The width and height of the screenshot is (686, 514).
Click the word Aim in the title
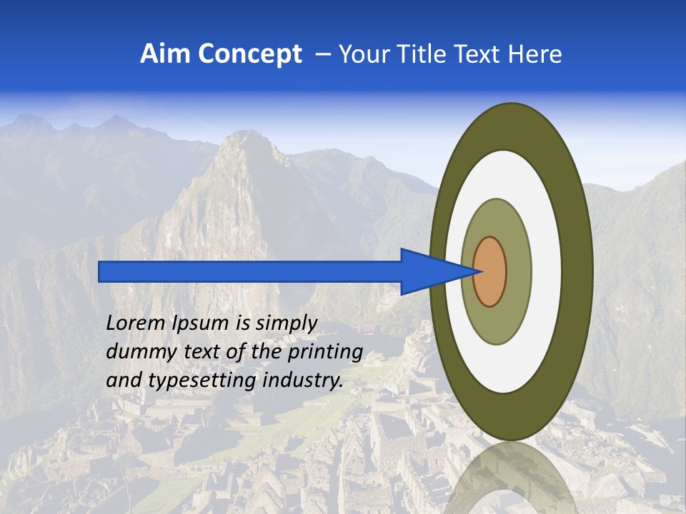165,54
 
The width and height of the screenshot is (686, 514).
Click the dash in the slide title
323,54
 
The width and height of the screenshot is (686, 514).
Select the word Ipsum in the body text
202,323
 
